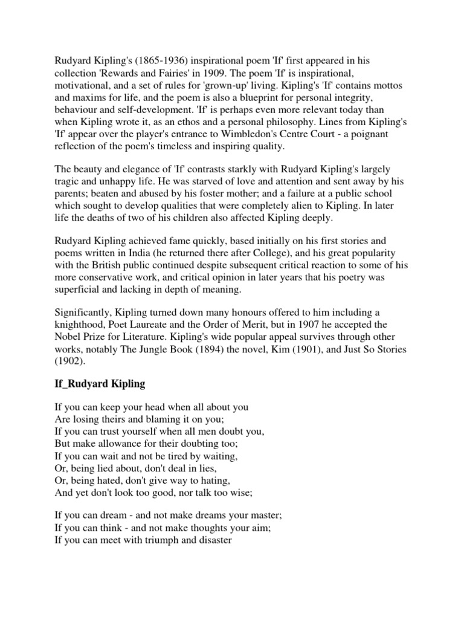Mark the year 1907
[308, 326]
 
